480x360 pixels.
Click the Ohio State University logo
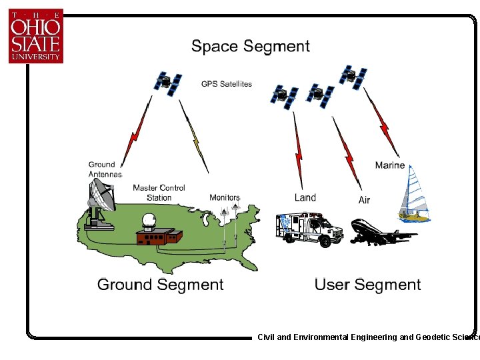(35, 36)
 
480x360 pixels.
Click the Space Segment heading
(251, 46)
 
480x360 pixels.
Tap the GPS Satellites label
(227, 84)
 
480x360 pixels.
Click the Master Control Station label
(159, 193)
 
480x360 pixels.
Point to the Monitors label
(224, 197)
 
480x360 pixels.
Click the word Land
(305, 197)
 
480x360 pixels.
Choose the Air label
(364, 200)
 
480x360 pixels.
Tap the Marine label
(389, 165)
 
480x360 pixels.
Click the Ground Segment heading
(160, 285)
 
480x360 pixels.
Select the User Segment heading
(367, 285)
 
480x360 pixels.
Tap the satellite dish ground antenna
(101, 202)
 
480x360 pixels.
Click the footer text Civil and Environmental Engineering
(327, 337)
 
